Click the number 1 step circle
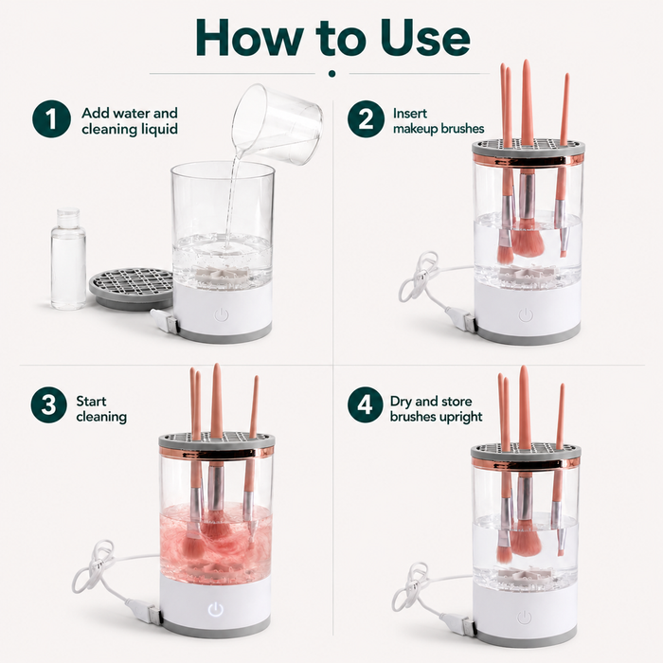(51, 118)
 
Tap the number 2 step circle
(366, 118)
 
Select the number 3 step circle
(48, 404)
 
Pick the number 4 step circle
(365, 405)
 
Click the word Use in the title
(425, 38)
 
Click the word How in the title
(249, 37)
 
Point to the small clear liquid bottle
(68, 258)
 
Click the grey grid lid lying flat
(132, 288)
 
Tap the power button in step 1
(222, 314)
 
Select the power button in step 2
(525, 315)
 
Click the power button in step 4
(525, 617)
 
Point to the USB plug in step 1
(166, 321)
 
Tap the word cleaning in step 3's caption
(101, 417)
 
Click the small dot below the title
(331, 74)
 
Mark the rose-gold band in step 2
(529, 160)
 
